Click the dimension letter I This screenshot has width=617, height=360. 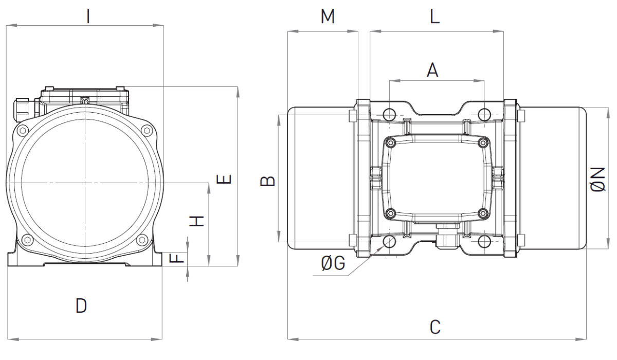[88, 16]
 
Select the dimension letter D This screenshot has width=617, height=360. [81, 305]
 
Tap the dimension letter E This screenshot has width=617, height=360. [224, 179]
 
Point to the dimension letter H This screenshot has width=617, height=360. [196, 221]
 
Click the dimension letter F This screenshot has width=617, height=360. [176, 258]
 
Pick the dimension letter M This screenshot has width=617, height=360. [328, 16]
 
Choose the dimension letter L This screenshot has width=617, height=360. [435, 16]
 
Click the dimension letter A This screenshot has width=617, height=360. [432, 70]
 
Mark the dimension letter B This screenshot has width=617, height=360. [267, 181]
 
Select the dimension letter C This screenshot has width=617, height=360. [435, 327]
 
